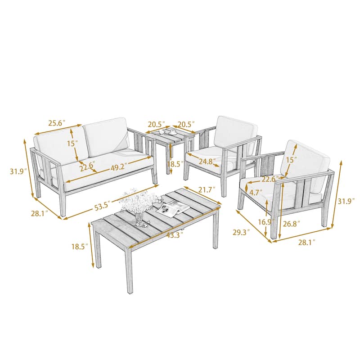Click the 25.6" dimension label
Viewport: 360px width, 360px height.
tap(57, 123)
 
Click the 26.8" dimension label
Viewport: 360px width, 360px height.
tap(291, 223)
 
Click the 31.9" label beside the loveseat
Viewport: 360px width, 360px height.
tap(17, 171)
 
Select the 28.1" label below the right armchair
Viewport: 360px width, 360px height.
tap(305, 242)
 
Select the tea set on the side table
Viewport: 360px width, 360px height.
tap(166, 132)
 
